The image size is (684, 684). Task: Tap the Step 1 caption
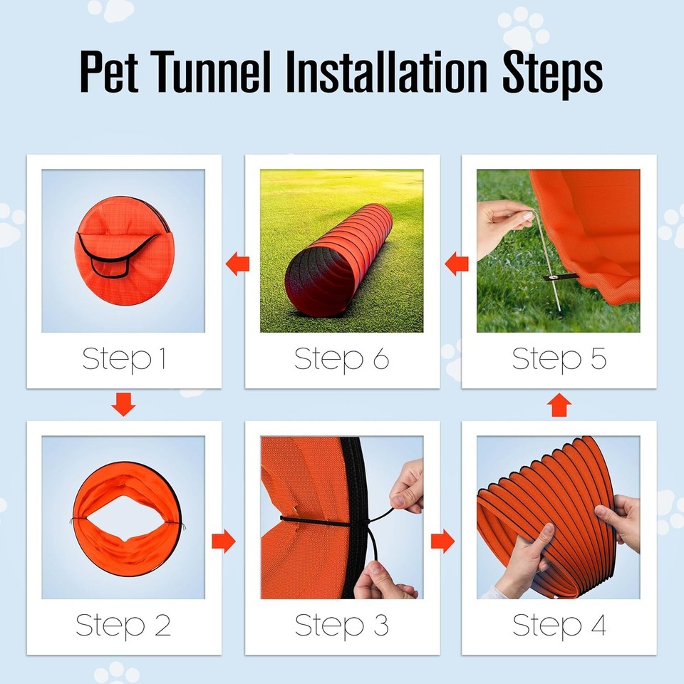point(124,359)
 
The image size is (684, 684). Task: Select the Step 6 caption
point(342,359)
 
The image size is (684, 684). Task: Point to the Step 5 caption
point(559,359)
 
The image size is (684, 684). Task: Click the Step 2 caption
point(124,626)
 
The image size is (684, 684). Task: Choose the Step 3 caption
point(342,626)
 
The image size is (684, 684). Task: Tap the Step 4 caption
point(559,626)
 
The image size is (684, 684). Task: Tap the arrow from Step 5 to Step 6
point(457,265)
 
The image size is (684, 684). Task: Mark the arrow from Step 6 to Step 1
point(238,265)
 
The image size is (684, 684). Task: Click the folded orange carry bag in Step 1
point(124,249)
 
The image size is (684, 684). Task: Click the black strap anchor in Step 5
point(560,276)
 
